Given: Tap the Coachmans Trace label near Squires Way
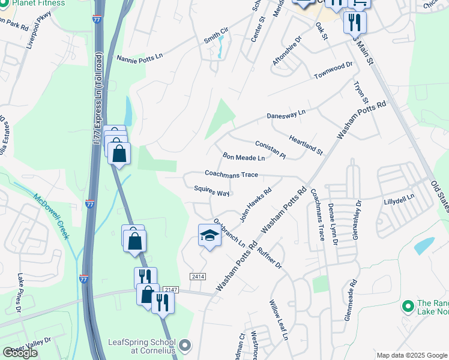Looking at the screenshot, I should pos(231,175).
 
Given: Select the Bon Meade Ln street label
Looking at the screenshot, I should pos(244,157).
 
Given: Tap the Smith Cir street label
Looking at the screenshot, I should pos(216,38).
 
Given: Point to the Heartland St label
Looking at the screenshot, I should pos(306,146).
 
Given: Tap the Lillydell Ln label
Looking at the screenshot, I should pos(399,199).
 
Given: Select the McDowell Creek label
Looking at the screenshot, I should pos(52,216).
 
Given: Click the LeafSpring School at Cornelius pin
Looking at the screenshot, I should pos(185,346).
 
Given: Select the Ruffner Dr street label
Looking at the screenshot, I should pos(268,254).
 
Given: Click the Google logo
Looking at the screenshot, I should pos(20,352).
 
